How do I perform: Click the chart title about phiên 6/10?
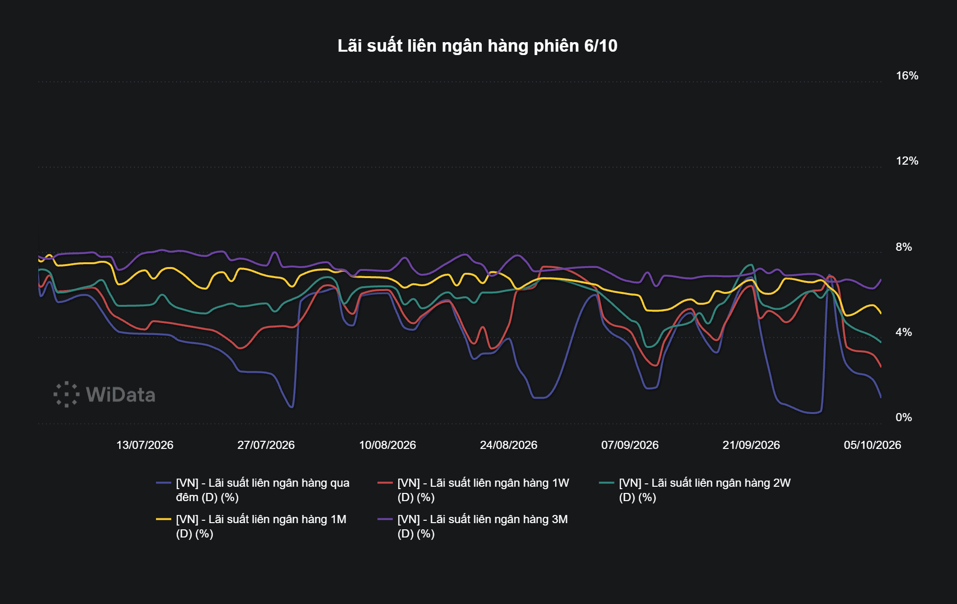click(478, 46)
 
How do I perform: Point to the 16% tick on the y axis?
click(907, 76)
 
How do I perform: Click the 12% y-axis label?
click(907, 161)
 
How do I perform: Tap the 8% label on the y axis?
click(903, 247)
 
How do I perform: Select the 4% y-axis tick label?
click(903, 332)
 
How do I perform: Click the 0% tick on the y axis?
click(903, 417)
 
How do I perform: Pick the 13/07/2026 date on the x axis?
click(145, 445)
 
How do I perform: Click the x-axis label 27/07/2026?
click(266, 445)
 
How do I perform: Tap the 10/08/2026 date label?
click(388, 445)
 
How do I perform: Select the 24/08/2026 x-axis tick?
click(509, 445)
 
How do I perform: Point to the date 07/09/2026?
click(630, 445)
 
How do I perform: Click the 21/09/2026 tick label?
click(751, 445)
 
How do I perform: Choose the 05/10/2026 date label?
click(872, 445)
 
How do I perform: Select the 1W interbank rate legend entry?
click(473, 490)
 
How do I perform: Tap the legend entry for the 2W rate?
click(695, 490)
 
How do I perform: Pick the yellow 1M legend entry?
click(251, 526)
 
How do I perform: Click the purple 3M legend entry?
click(473, 526)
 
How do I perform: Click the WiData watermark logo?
click(104, 394)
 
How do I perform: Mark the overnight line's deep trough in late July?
click(291, 407)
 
